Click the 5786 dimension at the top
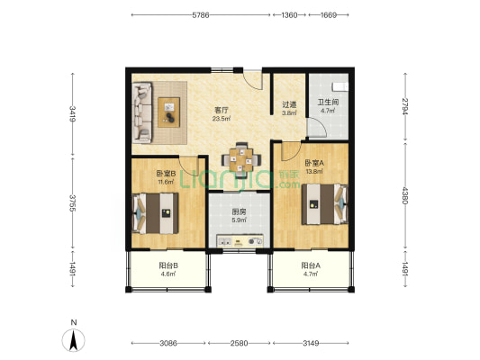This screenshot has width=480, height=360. click(x=201, y=15)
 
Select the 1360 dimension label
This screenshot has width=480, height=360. click(x=289, y=15)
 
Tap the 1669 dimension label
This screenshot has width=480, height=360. click(x=329, y=15)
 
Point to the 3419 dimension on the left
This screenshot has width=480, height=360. click(x=73, y=113)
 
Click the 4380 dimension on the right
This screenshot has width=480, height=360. click(x=405, y=195)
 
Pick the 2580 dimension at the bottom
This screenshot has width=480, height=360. click(x=239, y=343)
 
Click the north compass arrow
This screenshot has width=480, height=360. click(x=74, y=340)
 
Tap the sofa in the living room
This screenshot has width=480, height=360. click(x=142, y=112)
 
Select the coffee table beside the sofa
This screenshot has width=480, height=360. click(x=168, y=112)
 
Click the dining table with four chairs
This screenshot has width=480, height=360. click(x=241, y=159)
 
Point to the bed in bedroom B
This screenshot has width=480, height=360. click(x=155, y=213)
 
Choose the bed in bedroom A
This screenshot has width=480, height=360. click(x=325, y=204)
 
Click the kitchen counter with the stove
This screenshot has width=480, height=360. click(x=240, y=240)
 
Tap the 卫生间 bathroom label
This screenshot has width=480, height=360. click(x=328, y=103)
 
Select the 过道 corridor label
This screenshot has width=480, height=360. click(x=289, y=104)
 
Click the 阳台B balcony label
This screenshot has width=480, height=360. click(x=168, y=265)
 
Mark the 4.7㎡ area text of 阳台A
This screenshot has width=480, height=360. click(x=311, y=274)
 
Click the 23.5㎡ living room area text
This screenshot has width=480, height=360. click(x=222, y=119)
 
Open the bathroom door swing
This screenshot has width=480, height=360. click(x=317, y=128)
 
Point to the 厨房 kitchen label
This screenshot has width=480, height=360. click(x=239, y=211)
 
